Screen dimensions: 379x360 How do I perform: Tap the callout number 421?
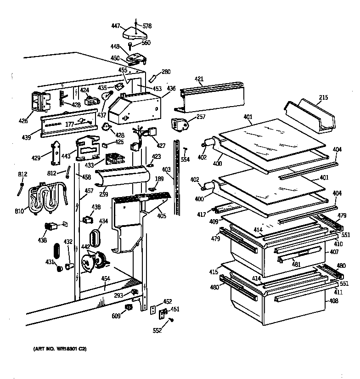pos(198,79)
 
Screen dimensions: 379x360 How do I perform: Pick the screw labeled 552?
pos(172,320)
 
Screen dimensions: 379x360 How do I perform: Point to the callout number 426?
pos(23,121)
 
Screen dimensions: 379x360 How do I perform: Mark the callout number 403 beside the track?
pos(166,170)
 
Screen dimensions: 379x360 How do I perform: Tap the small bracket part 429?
pos(56,153)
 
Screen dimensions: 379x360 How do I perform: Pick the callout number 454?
pos(105,278)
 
